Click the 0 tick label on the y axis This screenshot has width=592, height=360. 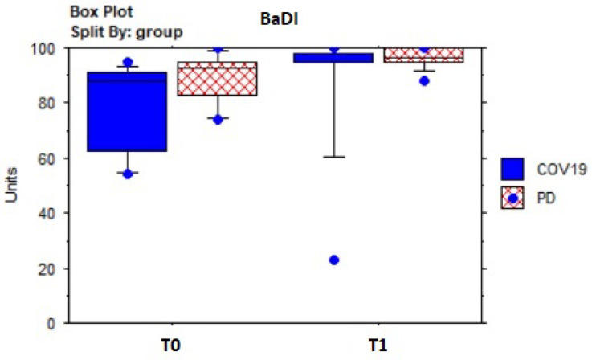pyautogui.click(x=50, y=324)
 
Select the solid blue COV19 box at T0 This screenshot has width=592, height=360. pyautogui.click(x=127, y=112)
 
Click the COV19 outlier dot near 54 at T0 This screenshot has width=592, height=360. pyautogui.click(x=128, y=174)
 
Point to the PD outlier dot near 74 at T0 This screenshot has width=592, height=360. pyautogui.click(x=218, y=119)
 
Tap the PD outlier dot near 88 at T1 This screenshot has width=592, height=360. pyautogui.click(x=424, y=80)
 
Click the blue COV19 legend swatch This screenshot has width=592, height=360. pyautogui.click(x=512, y=168)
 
